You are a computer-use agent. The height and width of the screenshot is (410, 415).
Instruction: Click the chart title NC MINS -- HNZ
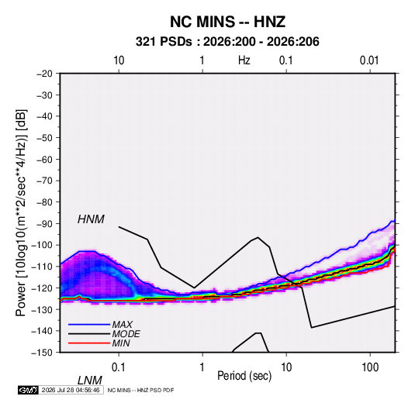pos(227,22)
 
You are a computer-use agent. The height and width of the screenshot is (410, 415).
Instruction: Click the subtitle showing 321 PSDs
pos(227,42)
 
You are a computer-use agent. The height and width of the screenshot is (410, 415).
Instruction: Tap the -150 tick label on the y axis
pos(43,353)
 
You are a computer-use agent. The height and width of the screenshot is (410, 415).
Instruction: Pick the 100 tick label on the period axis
pos(370,367)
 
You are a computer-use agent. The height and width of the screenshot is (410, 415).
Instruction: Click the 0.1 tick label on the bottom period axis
pos(118,367)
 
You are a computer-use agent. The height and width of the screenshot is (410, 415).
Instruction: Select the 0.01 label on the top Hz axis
pos(369,60)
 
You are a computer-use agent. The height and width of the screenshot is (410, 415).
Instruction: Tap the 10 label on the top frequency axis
pos(119,60)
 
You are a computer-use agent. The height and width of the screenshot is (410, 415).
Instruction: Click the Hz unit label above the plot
pos(244,60)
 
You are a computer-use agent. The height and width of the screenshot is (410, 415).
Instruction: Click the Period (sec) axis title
pos(244,376)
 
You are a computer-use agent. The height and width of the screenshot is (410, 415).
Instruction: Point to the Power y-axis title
pos(21,213)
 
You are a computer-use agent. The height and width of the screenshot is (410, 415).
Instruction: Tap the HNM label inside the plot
pos(91,219)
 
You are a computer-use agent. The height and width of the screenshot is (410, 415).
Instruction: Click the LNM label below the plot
pos(90,381)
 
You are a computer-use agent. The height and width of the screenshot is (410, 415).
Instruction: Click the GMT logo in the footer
pos(29,390)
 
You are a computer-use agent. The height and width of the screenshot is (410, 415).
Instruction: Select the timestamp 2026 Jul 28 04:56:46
pos(71,390)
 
